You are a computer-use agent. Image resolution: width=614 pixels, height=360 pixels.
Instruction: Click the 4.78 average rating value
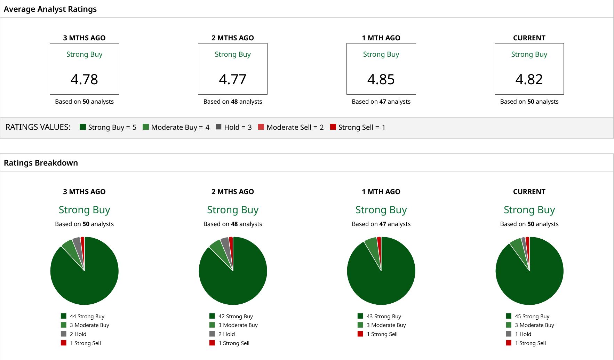(x=84, y=79)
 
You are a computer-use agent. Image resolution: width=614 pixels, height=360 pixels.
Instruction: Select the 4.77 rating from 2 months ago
(x=233, y=79)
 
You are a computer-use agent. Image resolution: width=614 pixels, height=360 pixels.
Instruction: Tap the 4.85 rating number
(x=381, y=79)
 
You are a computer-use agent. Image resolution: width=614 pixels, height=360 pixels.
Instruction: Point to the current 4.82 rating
(x=529, y=79)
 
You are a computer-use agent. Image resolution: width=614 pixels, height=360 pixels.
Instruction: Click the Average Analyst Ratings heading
(x=50, y=9)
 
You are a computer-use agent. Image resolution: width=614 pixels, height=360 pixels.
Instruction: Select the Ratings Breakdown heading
(x=41, y=163)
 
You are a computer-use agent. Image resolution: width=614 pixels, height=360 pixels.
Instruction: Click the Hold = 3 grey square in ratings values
(x=218, y=127)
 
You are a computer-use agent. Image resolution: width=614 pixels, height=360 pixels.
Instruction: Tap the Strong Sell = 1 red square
(x=333, y=127)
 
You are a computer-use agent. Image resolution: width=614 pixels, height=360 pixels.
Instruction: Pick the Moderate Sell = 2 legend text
(x=295, y=127)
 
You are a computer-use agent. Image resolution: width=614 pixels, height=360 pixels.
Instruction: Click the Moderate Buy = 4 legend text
(x=180, y=127)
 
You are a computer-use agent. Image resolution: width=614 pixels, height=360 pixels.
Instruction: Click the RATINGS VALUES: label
(x=38, y=127)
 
